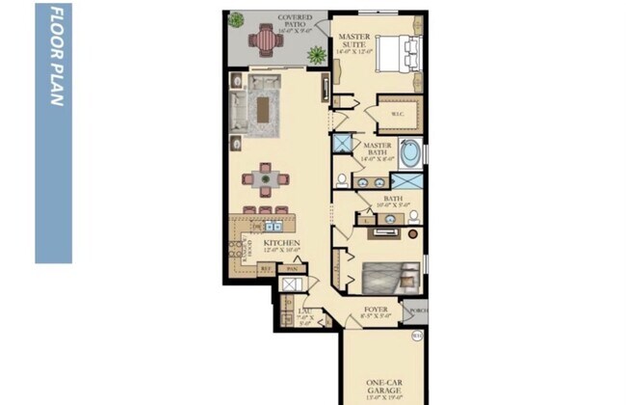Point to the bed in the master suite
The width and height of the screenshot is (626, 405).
click(396, 54)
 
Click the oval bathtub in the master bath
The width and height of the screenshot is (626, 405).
click(408, 153)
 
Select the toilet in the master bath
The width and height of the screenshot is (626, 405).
click(343, 178)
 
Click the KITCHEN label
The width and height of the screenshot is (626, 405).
click(282, 245)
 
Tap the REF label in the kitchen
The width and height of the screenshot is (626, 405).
click(266, 269)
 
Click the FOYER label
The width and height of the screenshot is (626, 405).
click(375, 311)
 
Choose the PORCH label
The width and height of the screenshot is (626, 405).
click(417, 310)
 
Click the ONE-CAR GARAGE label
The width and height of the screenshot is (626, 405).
click(378, 386)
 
